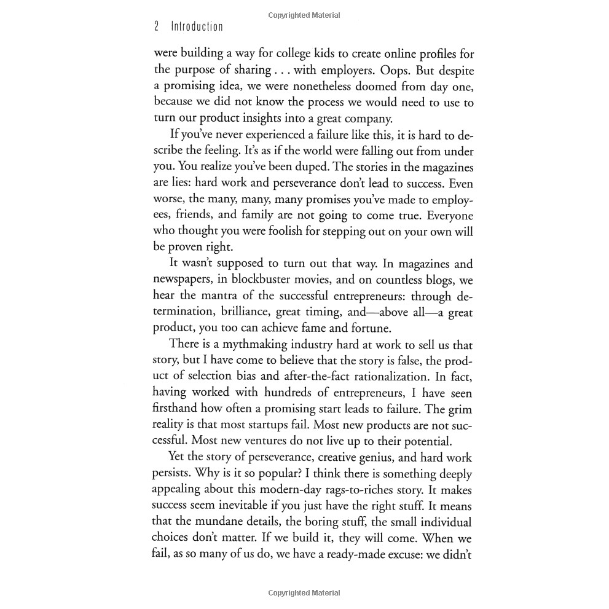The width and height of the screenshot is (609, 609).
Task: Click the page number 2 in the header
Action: tap(156, 26)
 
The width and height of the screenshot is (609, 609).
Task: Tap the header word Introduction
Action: tap(197, 26)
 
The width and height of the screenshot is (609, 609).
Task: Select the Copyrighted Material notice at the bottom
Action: tap(304, 593)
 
